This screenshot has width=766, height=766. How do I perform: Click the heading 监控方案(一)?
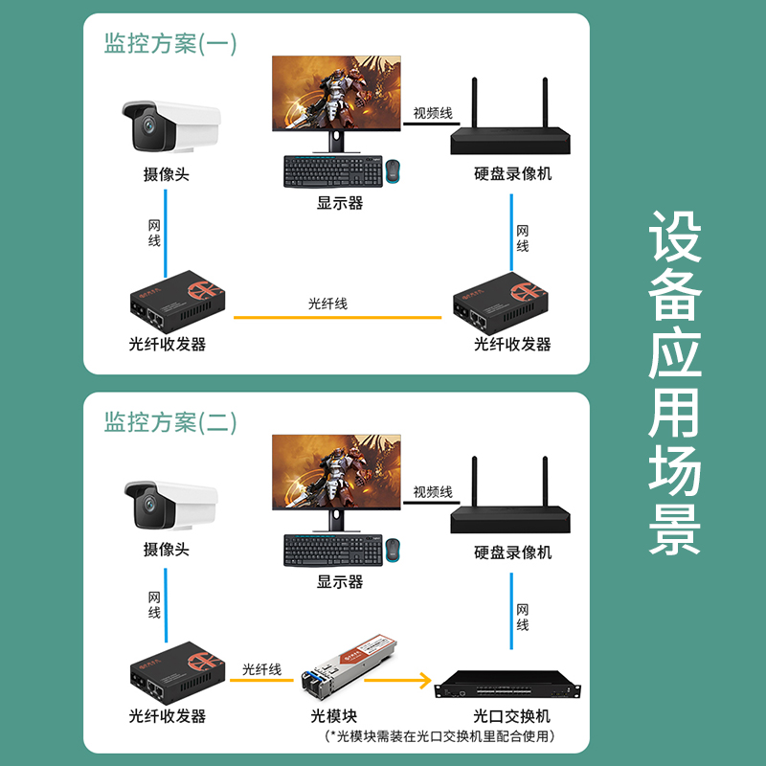point(170,43)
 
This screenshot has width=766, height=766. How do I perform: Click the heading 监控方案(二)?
point(170,422)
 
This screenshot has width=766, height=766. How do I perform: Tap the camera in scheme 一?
point(171,126)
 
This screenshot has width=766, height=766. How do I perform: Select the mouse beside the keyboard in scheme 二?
point(393,550)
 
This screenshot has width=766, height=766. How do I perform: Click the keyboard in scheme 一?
point(333,171)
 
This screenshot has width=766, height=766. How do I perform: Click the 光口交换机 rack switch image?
point(507,686)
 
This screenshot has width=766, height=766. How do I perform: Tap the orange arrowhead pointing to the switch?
point(424,681)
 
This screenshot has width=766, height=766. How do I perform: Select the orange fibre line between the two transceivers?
point(338,318)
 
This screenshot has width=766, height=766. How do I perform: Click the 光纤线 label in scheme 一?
point(327,304)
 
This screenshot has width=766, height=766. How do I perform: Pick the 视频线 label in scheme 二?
point(433,492)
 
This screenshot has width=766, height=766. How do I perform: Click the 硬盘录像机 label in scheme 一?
point(512,174)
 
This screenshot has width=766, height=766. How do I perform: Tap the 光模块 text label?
point(333,716)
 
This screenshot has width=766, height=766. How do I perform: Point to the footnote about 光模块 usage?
point(439,735)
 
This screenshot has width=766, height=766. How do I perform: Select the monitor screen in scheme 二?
point(336,472)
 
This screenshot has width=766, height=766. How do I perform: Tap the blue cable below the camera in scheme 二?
point(166,605)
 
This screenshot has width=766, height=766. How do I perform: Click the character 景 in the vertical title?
point(675,530)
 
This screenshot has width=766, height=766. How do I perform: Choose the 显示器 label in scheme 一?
point(340,203)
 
